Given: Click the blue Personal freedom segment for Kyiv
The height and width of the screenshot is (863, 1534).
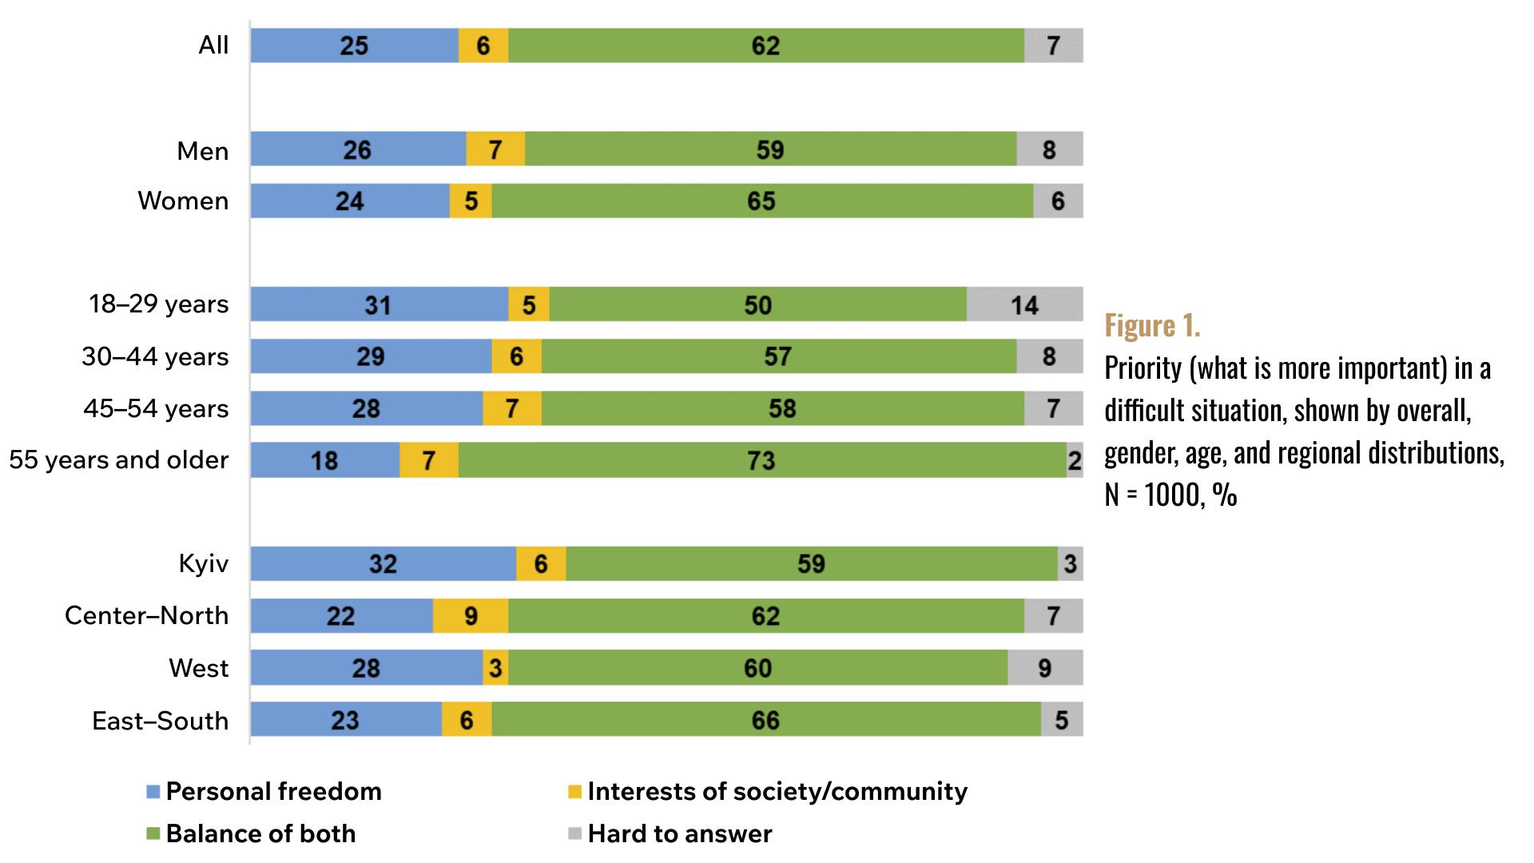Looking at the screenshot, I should coord(383,564).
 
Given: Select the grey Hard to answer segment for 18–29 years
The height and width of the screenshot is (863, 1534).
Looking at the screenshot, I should coord(1024,304).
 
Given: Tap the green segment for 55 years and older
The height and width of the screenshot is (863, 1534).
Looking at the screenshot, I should coord(761,460).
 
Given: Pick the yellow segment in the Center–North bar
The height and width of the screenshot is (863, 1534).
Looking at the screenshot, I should coord(471,616).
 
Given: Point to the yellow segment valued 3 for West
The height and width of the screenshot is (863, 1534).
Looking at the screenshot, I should coord(495,668).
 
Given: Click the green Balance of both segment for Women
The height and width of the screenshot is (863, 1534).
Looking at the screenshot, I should coord(761,201).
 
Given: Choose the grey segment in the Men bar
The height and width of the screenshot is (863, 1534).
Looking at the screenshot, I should coord(1049,149).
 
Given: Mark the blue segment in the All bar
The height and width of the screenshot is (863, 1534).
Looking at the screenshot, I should coord(354,46).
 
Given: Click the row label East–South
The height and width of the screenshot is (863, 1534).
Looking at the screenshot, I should coord(161,721).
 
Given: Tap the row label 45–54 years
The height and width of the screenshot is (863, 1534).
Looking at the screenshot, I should coord(156,409).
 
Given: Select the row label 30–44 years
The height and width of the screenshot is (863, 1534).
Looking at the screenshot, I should coord(155,356).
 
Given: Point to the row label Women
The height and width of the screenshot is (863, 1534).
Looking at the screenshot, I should coord(183,201).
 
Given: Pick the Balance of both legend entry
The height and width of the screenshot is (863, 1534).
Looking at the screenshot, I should coord(260,834).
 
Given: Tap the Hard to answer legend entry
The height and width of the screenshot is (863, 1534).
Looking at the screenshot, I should coord(679,834).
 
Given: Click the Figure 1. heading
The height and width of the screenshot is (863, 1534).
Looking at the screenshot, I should coord(1152,325).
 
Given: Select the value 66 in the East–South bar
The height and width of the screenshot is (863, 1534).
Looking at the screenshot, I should coord(765,721).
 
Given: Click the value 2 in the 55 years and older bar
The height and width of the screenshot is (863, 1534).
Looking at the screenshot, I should coord(1075,461).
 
